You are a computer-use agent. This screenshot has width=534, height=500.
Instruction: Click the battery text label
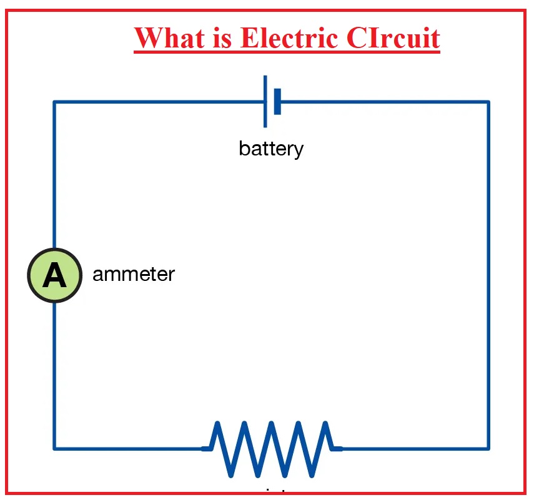click(x=271, y=149)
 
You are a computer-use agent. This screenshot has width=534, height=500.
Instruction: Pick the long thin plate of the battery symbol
click(x=265, y=101)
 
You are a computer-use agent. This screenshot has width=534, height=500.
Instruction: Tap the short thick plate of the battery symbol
click(x=277, y=101)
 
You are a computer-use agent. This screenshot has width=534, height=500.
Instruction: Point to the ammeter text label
click(x=134, y=274)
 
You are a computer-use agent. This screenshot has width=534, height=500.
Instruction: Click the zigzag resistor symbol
click(x=272, y=448)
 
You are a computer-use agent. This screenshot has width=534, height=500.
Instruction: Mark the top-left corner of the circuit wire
click(x=54, y=102)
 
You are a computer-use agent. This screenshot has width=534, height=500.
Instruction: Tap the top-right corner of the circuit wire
click(x=488, y=102)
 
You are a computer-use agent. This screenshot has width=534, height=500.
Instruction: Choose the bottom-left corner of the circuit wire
click(x=54, y=448)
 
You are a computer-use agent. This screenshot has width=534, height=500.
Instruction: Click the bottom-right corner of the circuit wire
click(x=488, y=448)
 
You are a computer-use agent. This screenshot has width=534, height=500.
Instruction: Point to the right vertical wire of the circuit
click(x=488, y=275)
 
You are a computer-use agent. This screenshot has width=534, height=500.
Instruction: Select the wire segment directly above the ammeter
click(x=54, y=175)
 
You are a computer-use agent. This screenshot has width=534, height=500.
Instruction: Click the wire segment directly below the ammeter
click(x=54, y=375)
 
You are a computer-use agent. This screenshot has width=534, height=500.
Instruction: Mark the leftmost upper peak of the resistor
click(x=217, y=424)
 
